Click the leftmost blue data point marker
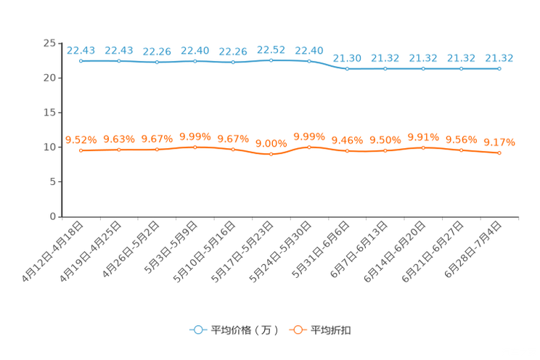81,62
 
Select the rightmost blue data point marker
499,69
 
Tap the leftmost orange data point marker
81,150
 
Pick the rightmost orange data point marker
499,153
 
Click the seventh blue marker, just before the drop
309,61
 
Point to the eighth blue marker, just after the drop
348,69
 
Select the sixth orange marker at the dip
271,155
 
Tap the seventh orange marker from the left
309,147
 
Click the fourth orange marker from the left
195,147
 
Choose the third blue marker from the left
157,62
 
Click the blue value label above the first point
81,50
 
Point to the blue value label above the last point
499,57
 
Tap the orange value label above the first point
81,139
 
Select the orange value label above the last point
499,142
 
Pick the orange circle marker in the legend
296,330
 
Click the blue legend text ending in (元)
245,330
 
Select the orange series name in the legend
332,330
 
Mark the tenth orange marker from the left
423,148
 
